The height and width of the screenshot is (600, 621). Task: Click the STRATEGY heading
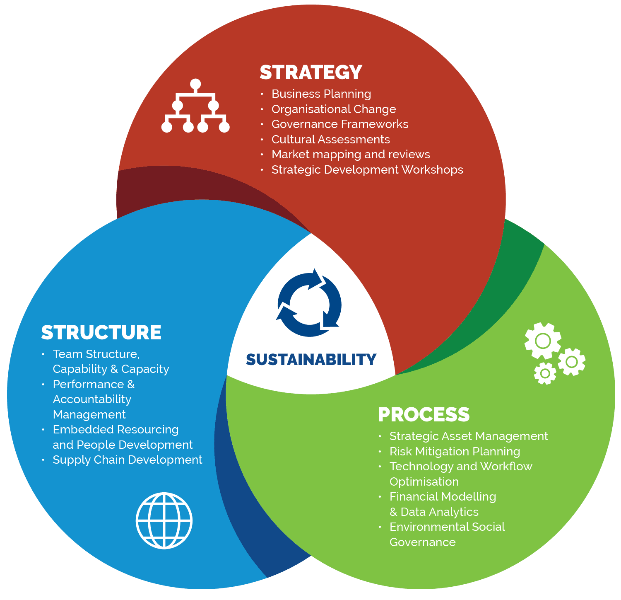(311, 73)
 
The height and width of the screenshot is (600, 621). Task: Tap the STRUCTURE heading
(101, 332)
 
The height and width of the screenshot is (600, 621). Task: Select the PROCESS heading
(424, 414)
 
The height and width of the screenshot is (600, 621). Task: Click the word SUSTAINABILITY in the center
(311, 359)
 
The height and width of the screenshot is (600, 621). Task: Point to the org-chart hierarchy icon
(195, 106)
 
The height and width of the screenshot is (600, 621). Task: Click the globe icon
(164, 520)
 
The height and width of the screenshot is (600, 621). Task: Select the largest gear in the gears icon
(542, 341)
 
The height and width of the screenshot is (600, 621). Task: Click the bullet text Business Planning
(321, 94)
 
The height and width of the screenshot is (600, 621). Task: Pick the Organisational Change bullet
(334, 109)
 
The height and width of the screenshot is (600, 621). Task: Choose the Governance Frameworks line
(340, 124)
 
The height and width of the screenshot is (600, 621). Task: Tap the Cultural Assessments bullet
(331, 140)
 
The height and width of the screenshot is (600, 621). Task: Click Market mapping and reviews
(351, 155)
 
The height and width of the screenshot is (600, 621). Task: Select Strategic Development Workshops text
(367, 170)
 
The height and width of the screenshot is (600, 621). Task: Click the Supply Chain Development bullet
(128, 460)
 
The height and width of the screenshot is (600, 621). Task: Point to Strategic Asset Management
(469, 436)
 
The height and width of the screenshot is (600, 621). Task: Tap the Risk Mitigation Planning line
(455, 452)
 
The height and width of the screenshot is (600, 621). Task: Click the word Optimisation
(424, 482)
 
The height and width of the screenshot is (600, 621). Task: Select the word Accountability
(92, 399)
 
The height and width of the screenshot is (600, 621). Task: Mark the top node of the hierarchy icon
(195, 84)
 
